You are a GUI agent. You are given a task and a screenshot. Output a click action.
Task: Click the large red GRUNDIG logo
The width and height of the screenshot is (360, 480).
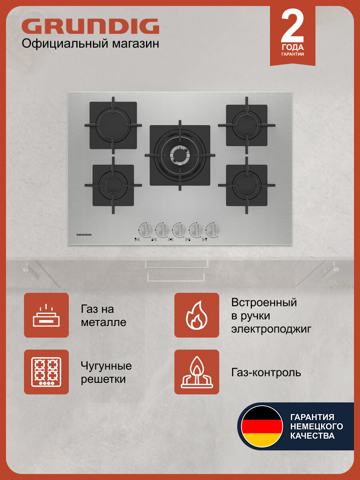(90, 26)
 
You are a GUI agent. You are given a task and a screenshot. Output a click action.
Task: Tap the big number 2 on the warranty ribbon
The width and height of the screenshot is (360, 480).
(292, 25)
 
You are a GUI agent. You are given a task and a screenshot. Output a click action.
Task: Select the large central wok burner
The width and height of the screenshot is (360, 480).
(180, 155)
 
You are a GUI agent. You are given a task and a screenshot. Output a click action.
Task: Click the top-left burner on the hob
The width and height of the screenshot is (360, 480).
(113, 125)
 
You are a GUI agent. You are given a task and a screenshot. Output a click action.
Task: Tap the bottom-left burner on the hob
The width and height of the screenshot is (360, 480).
(113, 185)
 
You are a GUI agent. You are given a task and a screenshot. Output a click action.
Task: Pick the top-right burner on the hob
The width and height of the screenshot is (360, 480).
(247, 125)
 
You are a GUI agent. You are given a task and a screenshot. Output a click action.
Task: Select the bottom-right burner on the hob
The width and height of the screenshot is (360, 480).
(247, 185)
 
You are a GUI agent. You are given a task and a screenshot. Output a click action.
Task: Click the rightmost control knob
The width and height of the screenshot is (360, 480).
(212, 230)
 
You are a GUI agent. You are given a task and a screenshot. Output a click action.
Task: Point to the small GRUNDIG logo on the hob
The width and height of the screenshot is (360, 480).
(84, 235)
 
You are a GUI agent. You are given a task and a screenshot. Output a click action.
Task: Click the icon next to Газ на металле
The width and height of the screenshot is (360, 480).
(46, 315)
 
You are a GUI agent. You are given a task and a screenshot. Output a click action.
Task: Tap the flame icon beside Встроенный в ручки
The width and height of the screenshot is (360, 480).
(197, 315)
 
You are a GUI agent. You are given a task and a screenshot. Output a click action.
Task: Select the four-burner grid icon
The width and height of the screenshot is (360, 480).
(46, 372)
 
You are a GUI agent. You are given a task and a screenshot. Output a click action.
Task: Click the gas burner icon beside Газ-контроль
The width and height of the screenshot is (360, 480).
(197, 372)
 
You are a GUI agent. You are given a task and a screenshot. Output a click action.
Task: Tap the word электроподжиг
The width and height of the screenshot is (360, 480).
(271, 329)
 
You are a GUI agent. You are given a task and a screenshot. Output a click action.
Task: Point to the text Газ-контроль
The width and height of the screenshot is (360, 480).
(266, 373)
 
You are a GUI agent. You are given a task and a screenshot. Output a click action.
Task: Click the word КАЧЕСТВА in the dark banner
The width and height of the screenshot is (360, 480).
(312, 436)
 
